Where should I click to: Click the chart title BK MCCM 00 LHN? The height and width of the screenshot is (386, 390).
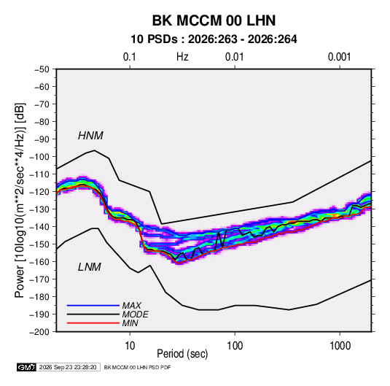click(214, 20)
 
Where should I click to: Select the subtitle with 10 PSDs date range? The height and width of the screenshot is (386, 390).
click(214, 39)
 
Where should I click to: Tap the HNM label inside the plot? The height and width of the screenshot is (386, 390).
click(90, 136)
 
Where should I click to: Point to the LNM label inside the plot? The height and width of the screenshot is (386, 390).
click(90, 267)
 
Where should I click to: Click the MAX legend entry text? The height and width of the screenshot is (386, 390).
click(131, 305)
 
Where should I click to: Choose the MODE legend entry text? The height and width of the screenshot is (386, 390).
click(135, 314)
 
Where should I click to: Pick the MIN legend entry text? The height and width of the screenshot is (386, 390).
click(130, 323)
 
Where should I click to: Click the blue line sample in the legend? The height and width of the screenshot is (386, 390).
click(93, 305)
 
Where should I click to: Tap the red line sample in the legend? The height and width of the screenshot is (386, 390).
click(93, 323)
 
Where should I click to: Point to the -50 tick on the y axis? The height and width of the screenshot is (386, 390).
click(42, 69)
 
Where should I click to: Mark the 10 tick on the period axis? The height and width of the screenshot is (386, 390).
click(130, 345)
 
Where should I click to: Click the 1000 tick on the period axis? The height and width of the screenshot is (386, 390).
click(340, 345)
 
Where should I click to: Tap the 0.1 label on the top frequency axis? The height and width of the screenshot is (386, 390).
click(130, 57)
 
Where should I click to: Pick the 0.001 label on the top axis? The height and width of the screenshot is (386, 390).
click(340, 57)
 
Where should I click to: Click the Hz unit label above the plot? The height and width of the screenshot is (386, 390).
click(182, 57)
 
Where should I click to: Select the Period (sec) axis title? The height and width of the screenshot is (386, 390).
click(182, 354)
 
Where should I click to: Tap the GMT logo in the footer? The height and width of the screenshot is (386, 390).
click(26, 367)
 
